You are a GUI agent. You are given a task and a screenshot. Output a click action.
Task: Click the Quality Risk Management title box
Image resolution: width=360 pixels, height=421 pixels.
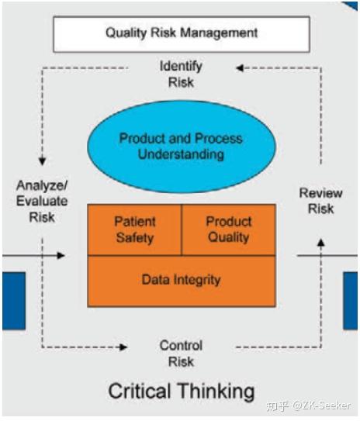[181, 33]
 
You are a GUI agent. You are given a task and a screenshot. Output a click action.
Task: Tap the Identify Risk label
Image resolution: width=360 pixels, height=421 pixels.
[181, 74]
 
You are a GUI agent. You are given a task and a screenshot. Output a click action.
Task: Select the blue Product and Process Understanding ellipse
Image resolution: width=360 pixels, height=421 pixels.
[181, 147]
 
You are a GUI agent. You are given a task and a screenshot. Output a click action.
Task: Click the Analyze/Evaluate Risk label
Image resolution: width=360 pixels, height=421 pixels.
[42, 202]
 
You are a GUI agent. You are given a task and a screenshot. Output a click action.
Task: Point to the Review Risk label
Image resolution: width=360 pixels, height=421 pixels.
[320, 201]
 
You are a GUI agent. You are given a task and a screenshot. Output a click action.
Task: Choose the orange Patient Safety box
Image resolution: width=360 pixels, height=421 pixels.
[135, 229]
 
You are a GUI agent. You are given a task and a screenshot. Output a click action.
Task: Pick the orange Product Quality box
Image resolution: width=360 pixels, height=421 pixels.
[228, 229]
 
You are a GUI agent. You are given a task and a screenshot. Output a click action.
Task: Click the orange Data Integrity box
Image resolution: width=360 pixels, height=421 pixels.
[181, 280]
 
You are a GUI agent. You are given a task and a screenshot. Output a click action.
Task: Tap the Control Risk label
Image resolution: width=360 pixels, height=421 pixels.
[181, 353]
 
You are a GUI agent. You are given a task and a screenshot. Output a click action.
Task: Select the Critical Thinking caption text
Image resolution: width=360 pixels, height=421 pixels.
[181, 390]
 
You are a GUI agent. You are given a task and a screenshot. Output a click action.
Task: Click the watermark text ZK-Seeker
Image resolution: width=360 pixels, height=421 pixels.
[319, 405]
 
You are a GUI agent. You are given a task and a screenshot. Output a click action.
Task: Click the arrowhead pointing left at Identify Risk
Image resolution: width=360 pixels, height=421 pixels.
[241, 68]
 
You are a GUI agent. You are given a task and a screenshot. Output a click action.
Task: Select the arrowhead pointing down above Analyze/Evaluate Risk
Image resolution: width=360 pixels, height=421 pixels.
[43, 160]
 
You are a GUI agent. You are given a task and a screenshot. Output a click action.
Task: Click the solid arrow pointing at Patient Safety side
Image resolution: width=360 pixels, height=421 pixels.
[61, 254]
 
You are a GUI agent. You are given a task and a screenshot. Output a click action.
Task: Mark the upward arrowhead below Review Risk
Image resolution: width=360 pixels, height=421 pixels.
[321, 243]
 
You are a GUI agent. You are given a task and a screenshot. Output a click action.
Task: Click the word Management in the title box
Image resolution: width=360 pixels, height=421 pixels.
[224, 33]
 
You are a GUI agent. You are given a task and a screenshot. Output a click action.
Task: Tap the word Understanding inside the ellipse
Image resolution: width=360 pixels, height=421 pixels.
[181, 154]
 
